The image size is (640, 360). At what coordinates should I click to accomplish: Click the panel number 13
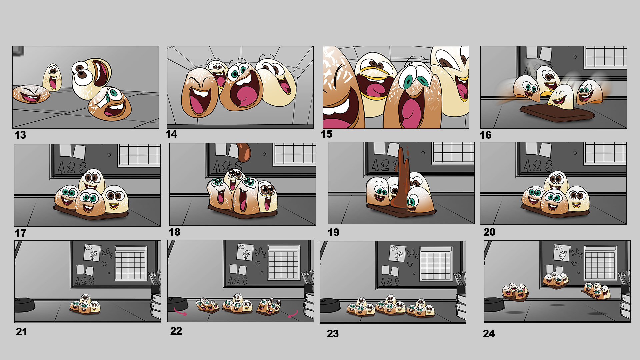tap(20, 135)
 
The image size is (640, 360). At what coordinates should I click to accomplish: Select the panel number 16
tap(486, 135)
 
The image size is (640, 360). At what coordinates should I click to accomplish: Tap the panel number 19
tap(334, 232)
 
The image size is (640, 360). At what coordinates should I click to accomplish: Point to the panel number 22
tap(176, 331)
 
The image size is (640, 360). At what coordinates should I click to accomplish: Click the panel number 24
tap(489, 334)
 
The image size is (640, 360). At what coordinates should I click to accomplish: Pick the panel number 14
tap(171, 134)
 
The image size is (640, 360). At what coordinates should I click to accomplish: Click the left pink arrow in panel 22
tap(180, 312)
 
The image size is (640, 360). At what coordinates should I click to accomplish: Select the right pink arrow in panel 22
tap(293, 314)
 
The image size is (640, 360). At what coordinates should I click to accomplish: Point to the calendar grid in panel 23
tap(436, 264)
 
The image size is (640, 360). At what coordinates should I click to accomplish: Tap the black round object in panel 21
tap(25, 304)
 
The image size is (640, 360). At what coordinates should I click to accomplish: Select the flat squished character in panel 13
tap(31, 94)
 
